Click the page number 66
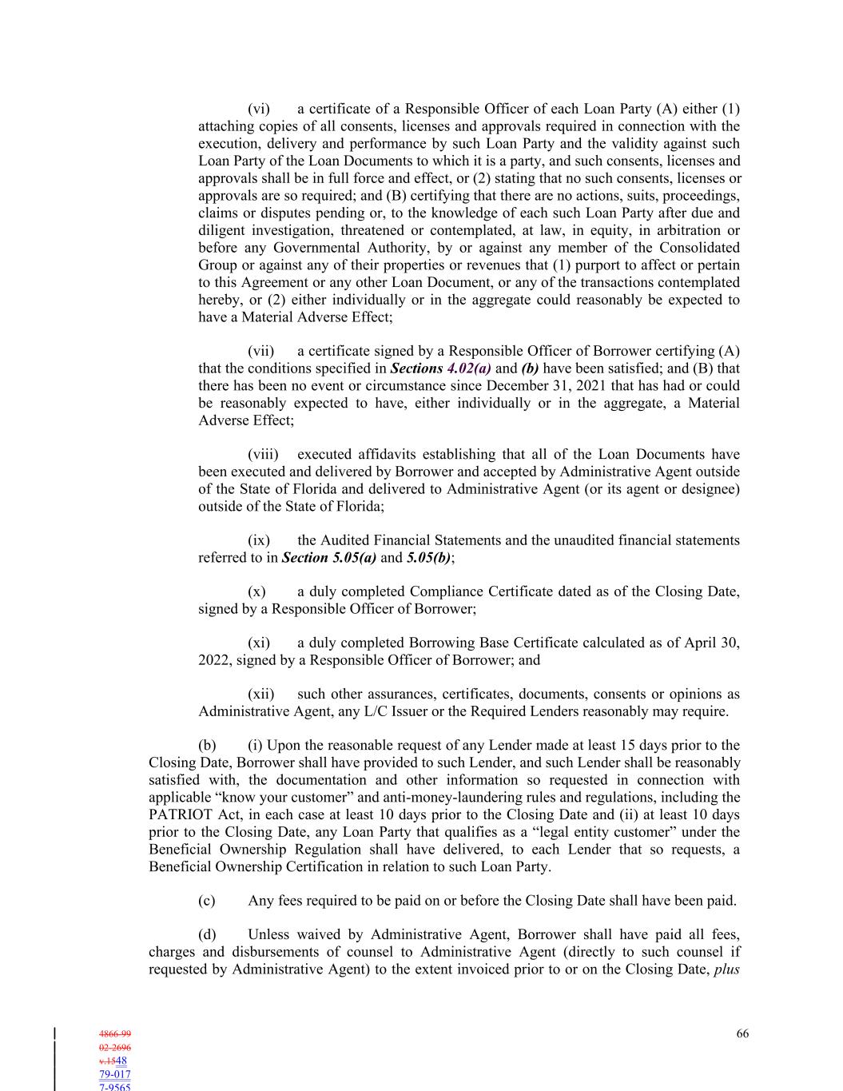click(742, 1033)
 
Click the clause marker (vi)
click(259, 109)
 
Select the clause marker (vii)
click(261, 351)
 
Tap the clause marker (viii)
click(263, 455)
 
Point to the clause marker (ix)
click(259, 540)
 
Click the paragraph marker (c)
click(207, 901)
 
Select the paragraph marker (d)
click(207, 934)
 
